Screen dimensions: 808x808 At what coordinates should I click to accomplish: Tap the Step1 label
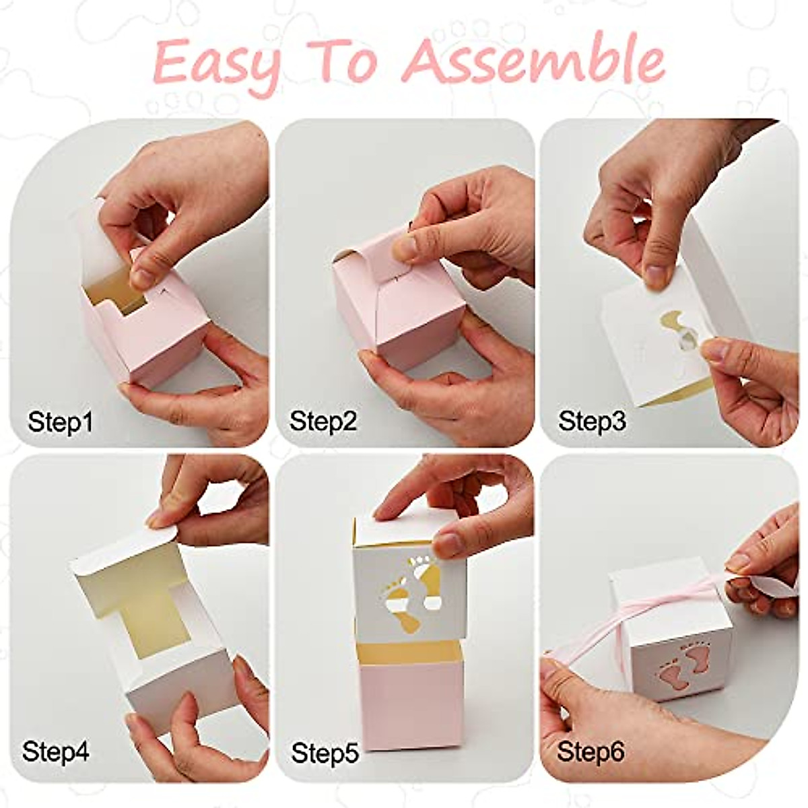(60, 423)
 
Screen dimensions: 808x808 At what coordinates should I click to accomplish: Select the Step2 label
(323, 422)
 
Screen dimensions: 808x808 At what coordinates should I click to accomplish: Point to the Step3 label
(592, 422)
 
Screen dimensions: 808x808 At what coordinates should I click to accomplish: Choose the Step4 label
(56, 751)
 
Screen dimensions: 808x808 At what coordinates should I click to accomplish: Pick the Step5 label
(325, 752)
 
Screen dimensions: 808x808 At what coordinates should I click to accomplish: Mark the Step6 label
(591, 751)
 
